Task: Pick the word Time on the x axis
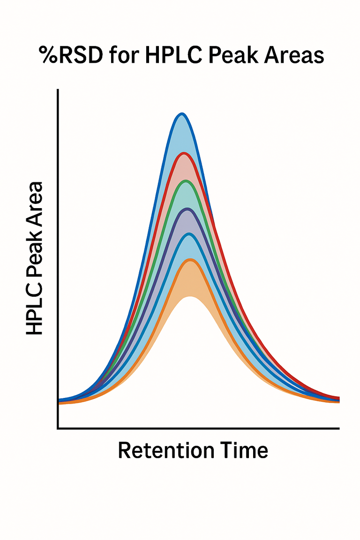tap(243, 450)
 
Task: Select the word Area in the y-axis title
tap(34, 202)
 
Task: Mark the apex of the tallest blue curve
tap(182, 114)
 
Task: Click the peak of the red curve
tap(184, 154)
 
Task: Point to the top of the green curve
tap(186, 181)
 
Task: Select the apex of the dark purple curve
tap(187, 209)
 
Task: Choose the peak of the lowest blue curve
tap(188, 234)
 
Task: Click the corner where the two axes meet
tap(58, 428)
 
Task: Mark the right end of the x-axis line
tap(338, 428)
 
